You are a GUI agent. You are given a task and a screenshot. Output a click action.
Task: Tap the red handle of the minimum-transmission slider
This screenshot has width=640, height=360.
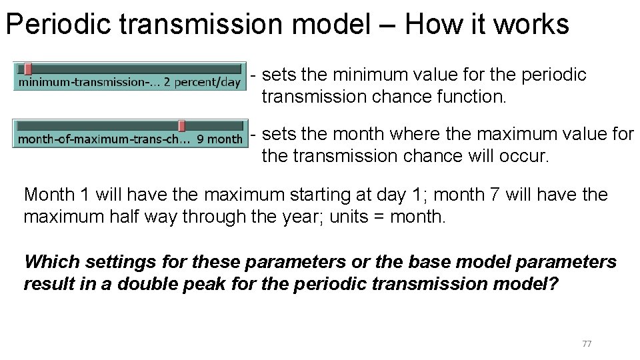coord(28,68)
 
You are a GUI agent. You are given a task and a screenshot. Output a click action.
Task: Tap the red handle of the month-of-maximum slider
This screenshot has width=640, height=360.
coord(181,125)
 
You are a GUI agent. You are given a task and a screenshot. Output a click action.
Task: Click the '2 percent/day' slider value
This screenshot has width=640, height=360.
coord(202,83)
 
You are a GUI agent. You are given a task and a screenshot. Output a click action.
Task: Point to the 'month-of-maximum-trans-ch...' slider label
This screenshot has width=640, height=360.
coord(104,139)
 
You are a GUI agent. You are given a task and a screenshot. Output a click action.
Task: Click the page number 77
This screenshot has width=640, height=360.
coord(587,344)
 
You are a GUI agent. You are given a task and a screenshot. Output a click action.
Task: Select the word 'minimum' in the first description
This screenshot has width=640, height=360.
coord(361,75)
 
